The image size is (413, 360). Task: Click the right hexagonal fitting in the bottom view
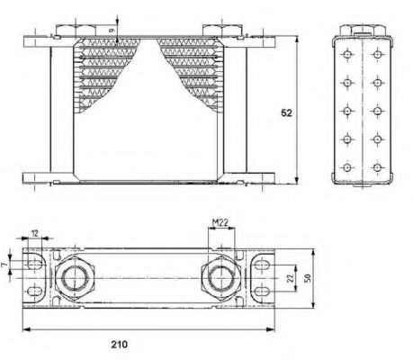[220, 278]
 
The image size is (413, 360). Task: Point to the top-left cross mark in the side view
[346, 55]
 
